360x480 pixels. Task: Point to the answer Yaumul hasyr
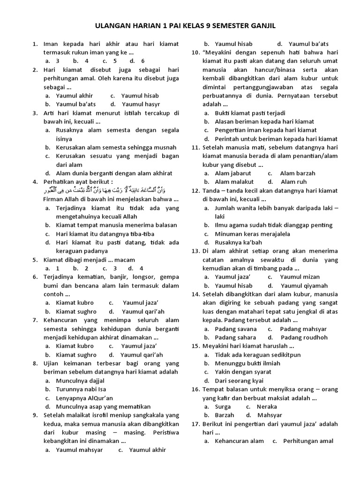click(x=141, y=104)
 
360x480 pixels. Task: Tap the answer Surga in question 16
click(x=223, y=406)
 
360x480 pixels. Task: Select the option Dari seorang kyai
click(x=239, y=381)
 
